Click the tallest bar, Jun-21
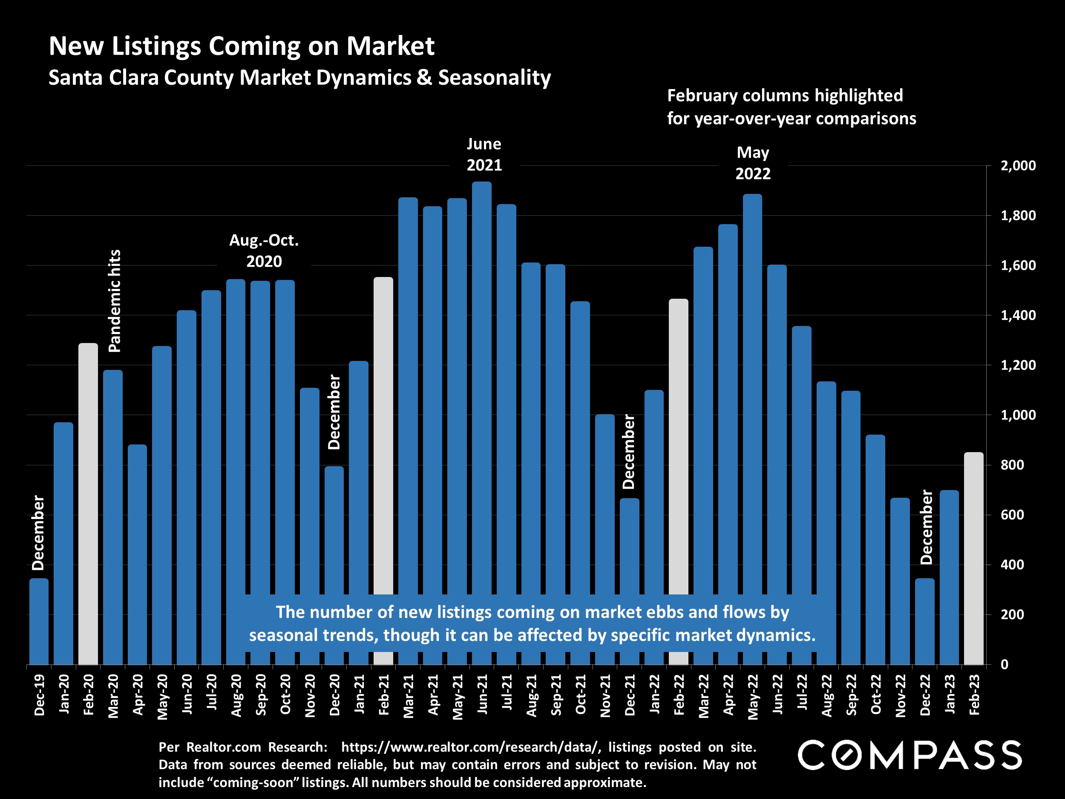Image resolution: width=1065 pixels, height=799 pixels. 481,385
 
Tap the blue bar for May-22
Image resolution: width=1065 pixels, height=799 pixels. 752,385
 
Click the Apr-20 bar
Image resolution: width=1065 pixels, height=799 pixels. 137,554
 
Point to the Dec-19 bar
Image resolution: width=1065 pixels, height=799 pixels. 39,621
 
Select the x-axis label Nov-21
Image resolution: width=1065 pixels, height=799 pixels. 605,695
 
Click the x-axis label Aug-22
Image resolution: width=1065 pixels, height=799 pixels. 827,695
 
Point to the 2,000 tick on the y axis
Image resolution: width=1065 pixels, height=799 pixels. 1018,166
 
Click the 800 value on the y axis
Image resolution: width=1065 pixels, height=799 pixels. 1012,465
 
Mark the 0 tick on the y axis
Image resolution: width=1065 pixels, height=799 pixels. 1005,665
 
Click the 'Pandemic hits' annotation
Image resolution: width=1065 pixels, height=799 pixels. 115,301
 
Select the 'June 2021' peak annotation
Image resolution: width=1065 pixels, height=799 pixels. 484,155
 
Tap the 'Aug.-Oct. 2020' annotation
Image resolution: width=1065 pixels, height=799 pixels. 264,251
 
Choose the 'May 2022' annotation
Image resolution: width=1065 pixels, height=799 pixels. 753,163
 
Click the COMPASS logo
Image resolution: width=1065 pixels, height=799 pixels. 910,755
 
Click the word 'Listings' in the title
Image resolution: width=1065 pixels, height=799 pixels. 156,46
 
